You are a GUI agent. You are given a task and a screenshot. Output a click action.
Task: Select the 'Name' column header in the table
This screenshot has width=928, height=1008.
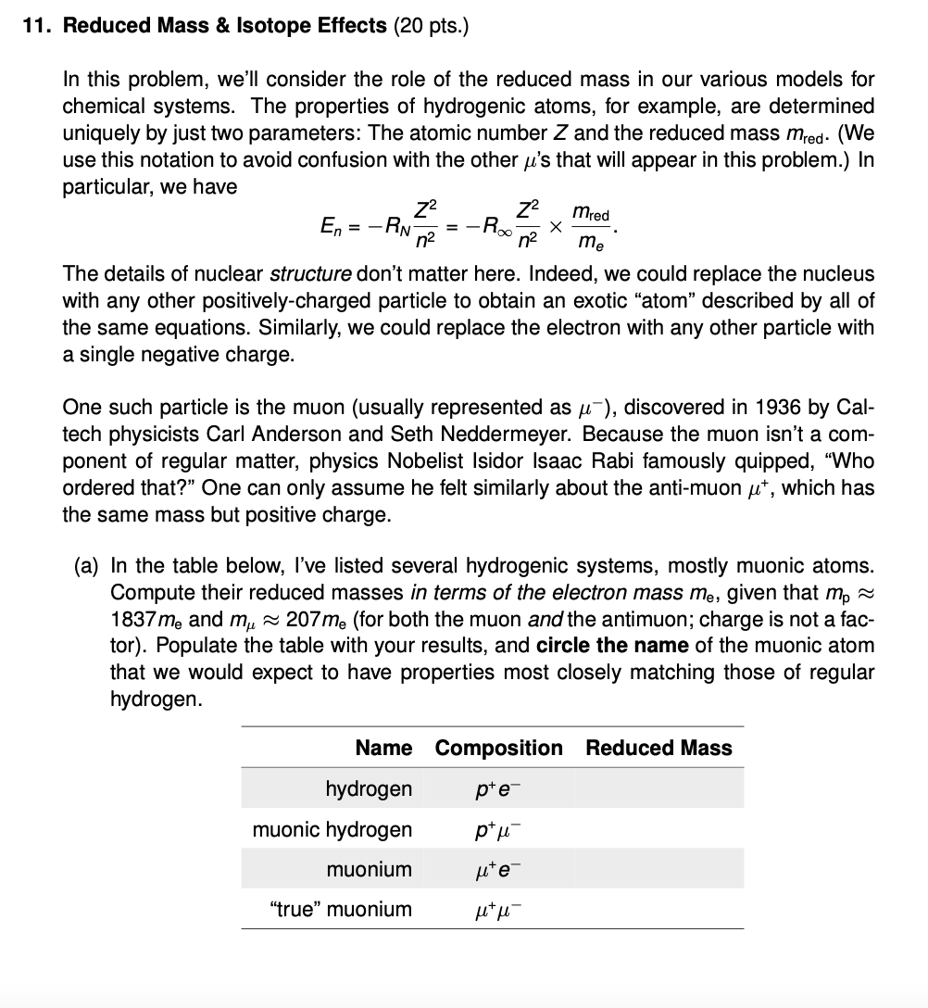pos(383,748)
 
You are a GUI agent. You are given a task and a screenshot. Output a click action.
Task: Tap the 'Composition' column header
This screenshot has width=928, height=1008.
pos(498,748)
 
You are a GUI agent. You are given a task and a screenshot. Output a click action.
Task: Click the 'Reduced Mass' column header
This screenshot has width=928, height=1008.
pos(658,748)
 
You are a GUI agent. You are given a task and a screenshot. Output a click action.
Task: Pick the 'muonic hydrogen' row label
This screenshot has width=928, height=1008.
pos(332,829)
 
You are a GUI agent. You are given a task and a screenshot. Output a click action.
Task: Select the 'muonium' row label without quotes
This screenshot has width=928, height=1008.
pos(369,869)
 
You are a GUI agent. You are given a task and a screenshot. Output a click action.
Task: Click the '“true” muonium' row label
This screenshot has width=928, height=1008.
pos(340,909)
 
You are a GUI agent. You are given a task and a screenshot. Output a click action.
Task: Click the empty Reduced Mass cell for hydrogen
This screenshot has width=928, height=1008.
pos(658,789)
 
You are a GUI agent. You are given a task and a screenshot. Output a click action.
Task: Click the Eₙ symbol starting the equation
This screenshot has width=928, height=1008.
pos(330,226)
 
